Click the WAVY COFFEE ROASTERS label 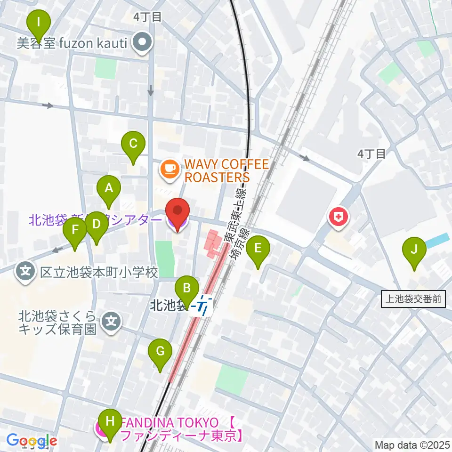click(x=217, y=170)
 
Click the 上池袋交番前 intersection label click(x=412, y=298)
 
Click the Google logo click(x=32, y=441)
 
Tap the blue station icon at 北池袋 click(x=204, y=307)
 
